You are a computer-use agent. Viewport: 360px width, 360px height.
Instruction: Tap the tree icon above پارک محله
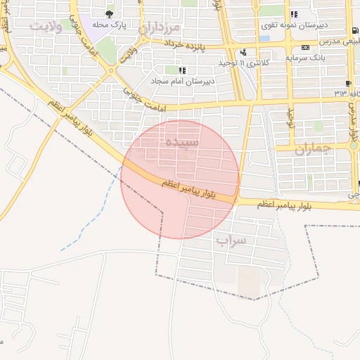pos(108,13)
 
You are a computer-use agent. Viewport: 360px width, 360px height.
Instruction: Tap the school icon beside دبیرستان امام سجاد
pos(183,70)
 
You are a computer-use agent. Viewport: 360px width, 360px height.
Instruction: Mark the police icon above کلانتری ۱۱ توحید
pos(243,51)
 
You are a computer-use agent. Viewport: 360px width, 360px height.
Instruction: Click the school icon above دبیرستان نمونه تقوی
pos(294,13)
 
